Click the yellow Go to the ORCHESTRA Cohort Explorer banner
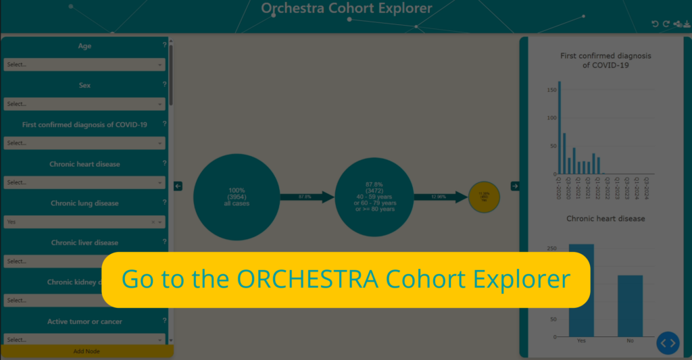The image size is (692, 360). click(346, 280)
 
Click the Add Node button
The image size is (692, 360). click(86, 351)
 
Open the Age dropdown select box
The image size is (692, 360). click(84, 65)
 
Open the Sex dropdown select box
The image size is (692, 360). click(84, 104)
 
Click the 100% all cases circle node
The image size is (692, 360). click(237, 197)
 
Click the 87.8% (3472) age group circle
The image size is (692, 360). click(378, 197)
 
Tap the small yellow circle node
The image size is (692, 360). click(484, 197)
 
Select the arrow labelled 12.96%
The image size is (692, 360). click(442, 197)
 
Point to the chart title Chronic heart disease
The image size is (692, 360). click(605, 219)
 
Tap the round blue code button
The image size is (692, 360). click(668, 343)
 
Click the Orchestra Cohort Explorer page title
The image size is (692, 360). click(347, 9)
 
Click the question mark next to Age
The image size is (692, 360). click(164, 46)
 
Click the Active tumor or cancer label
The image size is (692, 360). click(84, 322)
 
